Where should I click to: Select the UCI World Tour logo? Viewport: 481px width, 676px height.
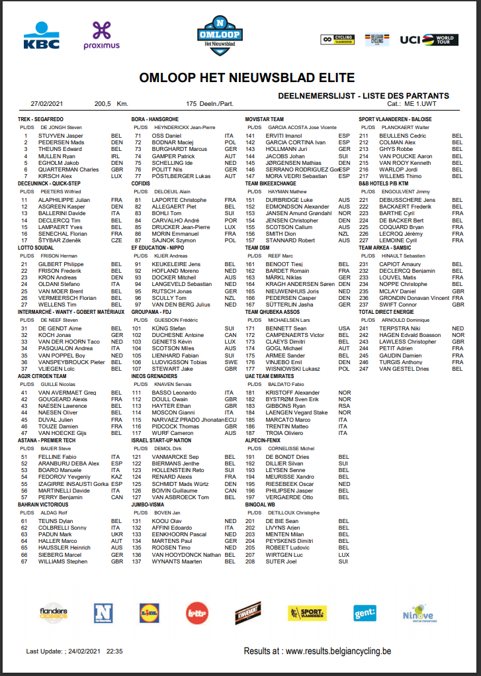[x=428, y=40]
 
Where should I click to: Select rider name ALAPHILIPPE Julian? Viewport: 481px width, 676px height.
[x=64, y=199]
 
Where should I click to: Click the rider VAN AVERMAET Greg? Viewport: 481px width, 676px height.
[x=67, y=393]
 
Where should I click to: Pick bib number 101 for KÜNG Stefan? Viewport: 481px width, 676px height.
[x=138, y=328]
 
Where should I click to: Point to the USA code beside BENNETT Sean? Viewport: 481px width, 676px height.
[x=343, y=328]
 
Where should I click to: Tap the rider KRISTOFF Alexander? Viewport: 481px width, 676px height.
[x=292, y=393]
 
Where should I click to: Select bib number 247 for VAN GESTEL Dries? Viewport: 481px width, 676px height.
[x=364, y=369]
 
